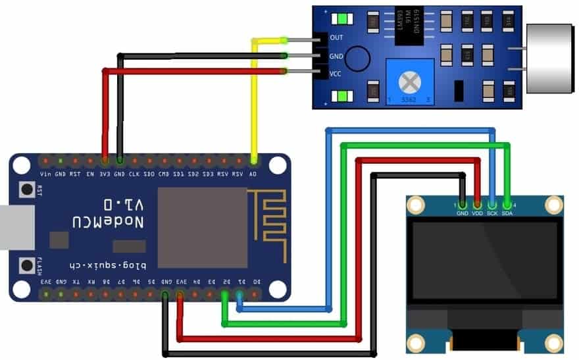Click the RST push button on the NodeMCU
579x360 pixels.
[27, 190]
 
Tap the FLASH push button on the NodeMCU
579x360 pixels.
[27, 265]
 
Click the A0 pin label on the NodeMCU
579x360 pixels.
[254, 174]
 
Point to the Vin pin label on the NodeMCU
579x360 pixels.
[45, 174]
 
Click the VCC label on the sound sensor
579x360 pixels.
[337, 74]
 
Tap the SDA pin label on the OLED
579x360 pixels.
[507, 213]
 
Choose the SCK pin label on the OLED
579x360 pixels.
[492, 213]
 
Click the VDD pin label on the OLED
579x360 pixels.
[477, 213]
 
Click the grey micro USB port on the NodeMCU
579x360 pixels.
[10, 228]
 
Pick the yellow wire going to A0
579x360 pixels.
[254, 99]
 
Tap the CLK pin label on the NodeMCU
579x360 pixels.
[134, 174]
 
